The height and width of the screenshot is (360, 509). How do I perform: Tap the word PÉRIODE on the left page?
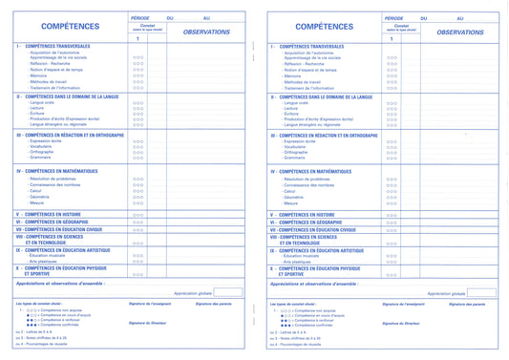pos(138,18)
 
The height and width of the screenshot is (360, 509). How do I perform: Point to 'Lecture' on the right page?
pos(292,109)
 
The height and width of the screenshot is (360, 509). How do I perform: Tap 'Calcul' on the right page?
pos(289,191)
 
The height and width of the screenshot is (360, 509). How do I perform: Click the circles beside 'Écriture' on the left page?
pos(138,115)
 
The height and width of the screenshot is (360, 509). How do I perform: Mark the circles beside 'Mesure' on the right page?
pos(393,203)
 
